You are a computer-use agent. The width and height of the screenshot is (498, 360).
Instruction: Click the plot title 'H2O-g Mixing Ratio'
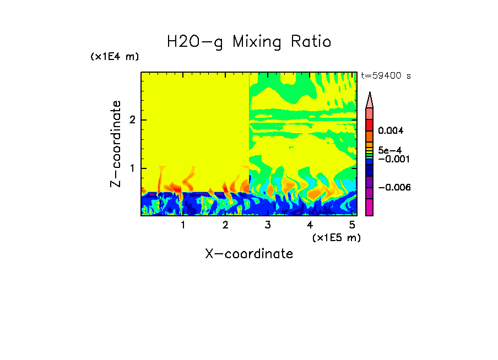249,42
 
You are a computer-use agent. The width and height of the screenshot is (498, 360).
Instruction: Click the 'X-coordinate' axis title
249,254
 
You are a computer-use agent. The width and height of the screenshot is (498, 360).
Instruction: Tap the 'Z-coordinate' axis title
116,144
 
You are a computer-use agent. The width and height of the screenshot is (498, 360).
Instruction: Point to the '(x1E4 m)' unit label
115,57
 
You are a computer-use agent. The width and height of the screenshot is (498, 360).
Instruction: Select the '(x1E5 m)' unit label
336,237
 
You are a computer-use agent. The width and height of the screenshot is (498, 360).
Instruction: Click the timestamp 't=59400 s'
386,76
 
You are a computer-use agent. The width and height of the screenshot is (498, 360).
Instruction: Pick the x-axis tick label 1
183,225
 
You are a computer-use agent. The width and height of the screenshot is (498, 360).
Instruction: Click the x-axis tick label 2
225,225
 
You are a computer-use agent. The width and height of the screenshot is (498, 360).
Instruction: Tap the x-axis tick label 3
268,225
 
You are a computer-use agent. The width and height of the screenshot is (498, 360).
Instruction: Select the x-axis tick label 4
310,225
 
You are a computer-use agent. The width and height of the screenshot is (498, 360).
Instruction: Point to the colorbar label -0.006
394,187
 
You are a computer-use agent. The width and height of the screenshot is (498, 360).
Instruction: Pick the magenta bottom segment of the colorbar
370,207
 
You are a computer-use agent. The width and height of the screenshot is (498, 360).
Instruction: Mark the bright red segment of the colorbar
370,124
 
